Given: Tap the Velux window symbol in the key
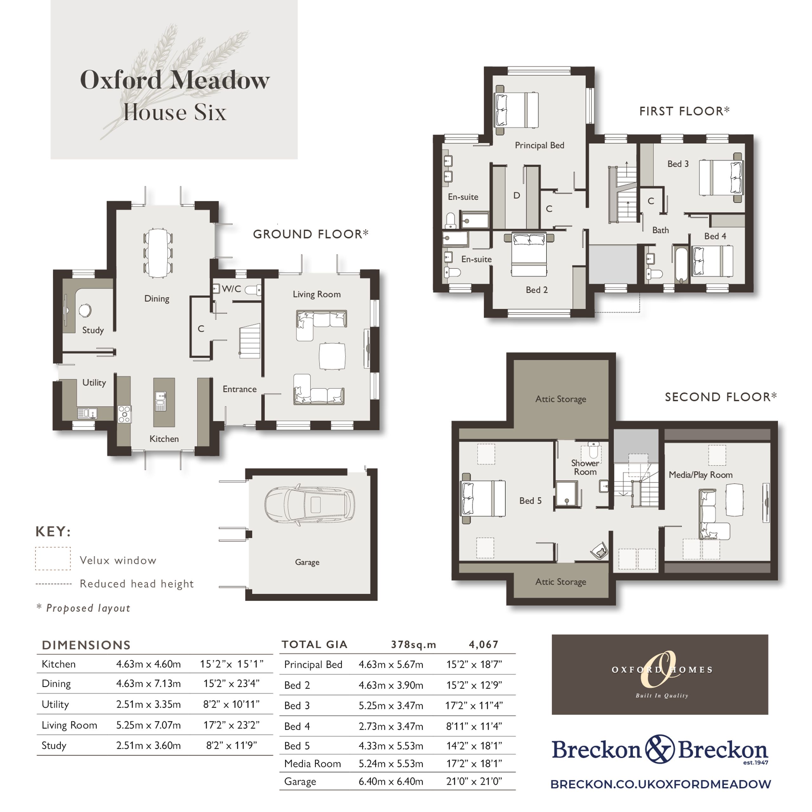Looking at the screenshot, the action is (x=53, y=559).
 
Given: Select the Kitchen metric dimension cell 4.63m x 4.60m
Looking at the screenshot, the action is (x=148, y=664).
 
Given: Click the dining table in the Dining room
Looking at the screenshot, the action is (x=158, y=252).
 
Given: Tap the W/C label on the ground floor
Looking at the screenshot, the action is (x=232, y=289).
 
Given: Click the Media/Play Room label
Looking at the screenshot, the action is (x=701, y=475).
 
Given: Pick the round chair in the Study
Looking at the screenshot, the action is (x=85, y=310).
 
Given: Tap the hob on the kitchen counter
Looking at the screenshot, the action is (x=124, y=414).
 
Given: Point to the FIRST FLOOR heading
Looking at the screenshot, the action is (x=684, y=111).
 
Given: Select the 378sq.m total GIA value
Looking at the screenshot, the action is (x=414, y=645).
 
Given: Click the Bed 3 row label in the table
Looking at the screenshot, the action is (x=297, y=706).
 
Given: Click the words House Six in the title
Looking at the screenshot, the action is (x=175, y=112).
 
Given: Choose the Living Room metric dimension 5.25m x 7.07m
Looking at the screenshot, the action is (x=148, y=725).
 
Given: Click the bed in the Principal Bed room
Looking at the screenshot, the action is (x=516, y=110).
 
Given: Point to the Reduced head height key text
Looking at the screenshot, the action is (x=137, y=583).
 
